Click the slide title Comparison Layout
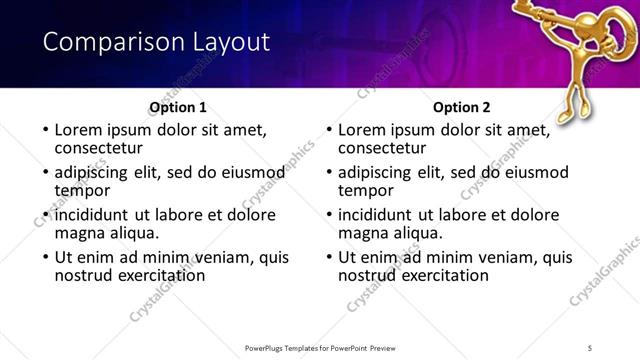[156, 42]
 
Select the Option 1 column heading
[178, 107]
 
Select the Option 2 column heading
[462, 107]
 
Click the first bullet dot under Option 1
[44, 130]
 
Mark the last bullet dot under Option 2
[328, 258]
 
